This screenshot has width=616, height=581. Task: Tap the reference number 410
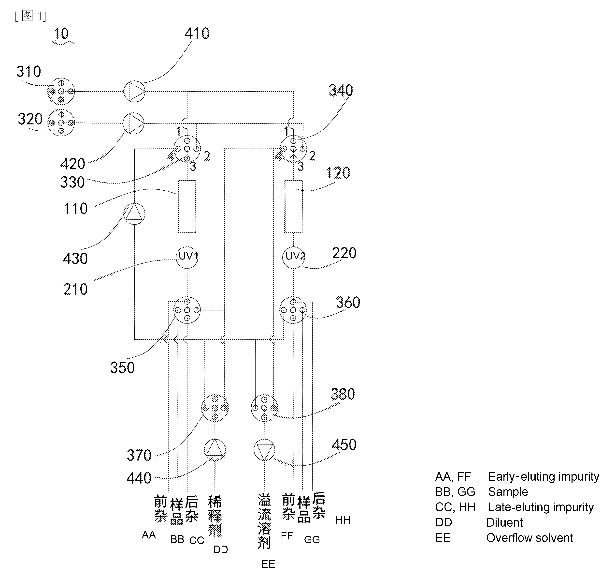[197, 33]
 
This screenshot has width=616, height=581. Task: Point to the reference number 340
[341, 90]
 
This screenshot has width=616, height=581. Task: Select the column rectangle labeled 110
[187, 207]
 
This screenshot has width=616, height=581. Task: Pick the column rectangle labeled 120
[293, 207]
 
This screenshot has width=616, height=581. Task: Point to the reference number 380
[343, 394]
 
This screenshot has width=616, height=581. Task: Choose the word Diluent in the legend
[504, 523]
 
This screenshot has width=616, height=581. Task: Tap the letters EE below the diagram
[268, 564]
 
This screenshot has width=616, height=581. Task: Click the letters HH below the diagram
[343, 520]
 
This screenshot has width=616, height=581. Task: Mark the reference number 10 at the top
[61, 33]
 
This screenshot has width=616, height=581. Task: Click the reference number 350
[122, 367]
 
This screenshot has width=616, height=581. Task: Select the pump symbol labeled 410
[134, 92]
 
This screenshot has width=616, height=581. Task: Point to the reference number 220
[344, 253]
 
